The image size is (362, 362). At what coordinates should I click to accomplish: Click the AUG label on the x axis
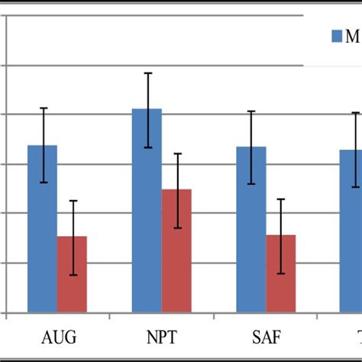click(58, 337)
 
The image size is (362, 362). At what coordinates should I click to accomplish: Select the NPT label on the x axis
click(162, 337)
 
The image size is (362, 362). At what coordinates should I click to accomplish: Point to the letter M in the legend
click(353, 36)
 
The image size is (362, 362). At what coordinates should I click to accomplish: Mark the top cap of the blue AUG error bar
click(43, 108)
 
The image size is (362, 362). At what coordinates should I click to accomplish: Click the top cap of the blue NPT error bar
click(147, 73)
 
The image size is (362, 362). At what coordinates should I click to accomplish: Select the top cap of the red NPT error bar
click(176, 154)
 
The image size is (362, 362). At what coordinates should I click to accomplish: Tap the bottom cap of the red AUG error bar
click(72, 275)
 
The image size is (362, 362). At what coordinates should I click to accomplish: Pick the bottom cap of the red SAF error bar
click(280, 273)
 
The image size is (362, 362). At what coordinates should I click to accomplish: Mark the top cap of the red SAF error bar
click(280, 199)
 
